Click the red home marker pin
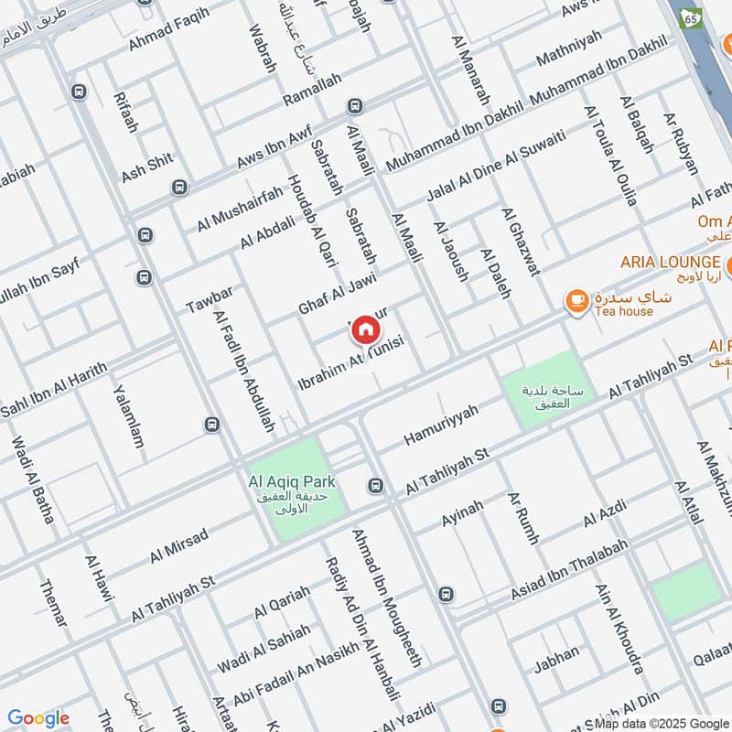click(365, 328)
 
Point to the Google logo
click(38, 718)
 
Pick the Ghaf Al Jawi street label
click(338, 292)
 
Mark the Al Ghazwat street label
click(520, 241)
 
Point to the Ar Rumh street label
click(523, 518)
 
